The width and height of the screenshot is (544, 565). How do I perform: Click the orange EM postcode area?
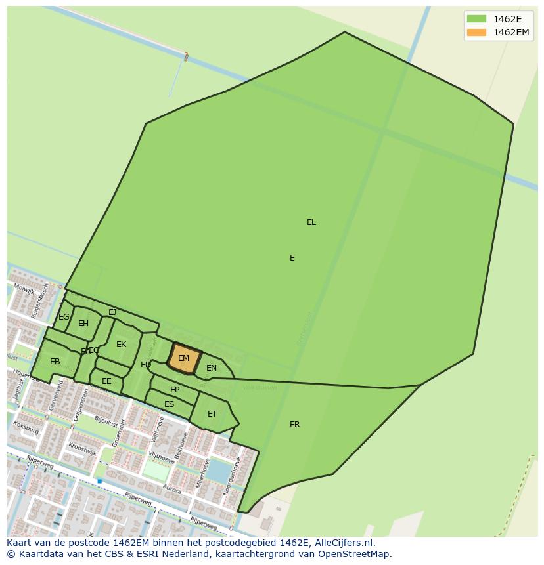184,358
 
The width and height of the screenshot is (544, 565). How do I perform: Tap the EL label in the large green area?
311,222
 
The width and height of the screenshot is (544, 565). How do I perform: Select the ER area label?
295,425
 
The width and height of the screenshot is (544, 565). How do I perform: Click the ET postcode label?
212,414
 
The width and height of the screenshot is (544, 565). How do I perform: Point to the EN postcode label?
212,368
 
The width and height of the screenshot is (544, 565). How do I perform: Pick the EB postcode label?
55,362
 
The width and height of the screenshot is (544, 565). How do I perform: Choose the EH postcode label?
83,324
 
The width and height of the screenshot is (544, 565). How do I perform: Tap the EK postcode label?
121,345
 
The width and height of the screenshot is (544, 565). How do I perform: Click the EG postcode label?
64,317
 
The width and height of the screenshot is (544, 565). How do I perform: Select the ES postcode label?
170,404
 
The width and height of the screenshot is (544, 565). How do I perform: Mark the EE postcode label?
106,381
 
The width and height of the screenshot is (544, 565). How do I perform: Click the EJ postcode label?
112,312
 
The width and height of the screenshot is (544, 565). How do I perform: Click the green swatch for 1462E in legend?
476,18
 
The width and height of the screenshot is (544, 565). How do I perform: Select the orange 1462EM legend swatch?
476,32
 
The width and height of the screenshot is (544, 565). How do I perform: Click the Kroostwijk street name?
82,449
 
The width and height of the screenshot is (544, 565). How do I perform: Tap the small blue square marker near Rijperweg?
99,481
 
